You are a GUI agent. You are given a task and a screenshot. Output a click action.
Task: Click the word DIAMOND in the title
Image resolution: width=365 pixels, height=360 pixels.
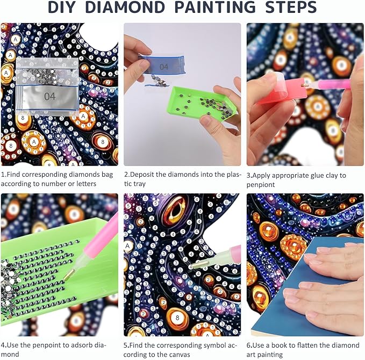(125, 7)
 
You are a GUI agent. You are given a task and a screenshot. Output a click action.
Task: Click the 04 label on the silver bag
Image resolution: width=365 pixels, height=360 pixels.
(50, 96)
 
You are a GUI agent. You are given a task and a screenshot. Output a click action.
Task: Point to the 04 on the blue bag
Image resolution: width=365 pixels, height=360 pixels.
(163, 67)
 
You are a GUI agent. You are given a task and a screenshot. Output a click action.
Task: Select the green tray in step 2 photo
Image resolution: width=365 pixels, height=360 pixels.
(202, 103)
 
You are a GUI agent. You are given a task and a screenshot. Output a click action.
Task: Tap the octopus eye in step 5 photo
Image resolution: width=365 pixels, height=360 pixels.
(175, 210)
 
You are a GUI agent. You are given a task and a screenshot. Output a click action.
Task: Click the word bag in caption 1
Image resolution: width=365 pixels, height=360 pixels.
(108, 175)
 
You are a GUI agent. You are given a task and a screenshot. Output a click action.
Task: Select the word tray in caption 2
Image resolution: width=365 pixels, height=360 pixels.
(139, 184)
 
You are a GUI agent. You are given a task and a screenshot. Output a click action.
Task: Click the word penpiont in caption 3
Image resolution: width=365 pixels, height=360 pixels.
(261, 185)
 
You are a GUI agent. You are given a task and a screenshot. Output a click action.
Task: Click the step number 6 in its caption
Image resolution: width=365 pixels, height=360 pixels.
(248, 345)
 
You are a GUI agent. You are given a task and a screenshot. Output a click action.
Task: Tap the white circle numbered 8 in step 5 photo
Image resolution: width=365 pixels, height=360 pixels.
(177, 318)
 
